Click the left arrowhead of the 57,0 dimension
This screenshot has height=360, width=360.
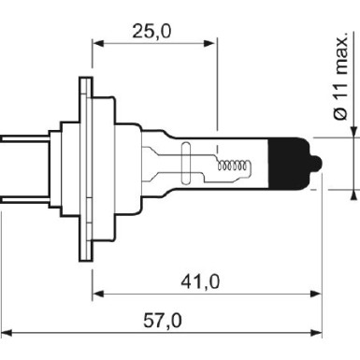point(7,335)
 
